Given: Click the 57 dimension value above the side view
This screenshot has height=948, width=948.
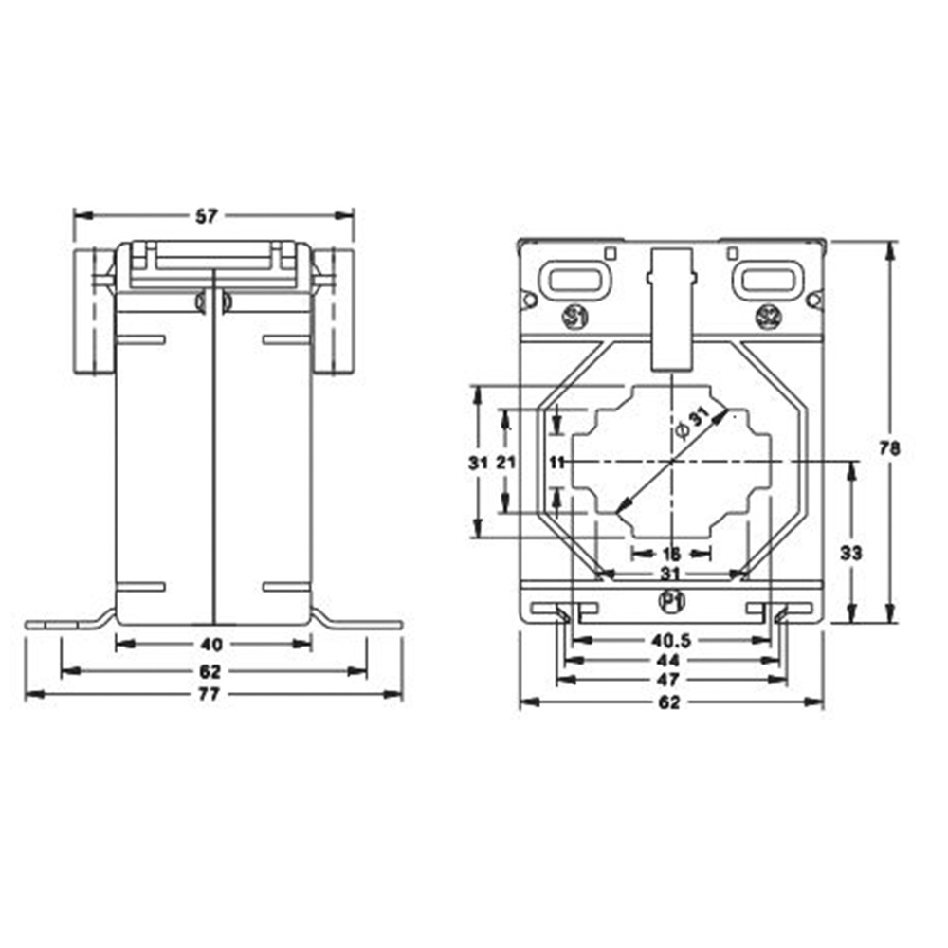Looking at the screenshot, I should [207, 216].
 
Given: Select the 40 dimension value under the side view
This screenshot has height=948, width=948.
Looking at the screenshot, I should [212, 645].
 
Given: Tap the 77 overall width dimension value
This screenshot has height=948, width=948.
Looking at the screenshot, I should [209, 695].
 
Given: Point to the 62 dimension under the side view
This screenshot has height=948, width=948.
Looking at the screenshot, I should [210, 671].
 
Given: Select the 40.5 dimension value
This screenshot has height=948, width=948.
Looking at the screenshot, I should [670, 639].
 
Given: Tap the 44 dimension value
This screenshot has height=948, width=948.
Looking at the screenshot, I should [670, 660].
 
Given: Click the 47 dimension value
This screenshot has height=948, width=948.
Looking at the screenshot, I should [670, 681].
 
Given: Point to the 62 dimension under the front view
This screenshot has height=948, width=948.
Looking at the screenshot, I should [670, 702].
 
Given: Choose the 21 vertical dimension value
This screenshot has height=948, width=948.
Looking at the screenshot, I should [505, 462].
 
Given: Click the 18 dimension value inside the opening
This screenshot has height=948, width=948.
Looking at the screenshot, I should [671, 554].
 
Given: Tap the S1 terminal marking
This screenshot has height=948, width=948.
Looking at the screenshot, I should [573, 317].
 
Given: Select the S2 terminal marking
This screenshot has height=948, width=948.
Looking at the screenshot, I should [768, 317].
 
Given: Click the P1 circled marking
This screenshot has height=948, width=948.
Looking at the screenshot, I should [670, 600].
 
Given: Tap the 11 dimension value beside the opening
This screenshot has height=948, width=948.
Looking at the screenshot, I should [556, 462].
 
